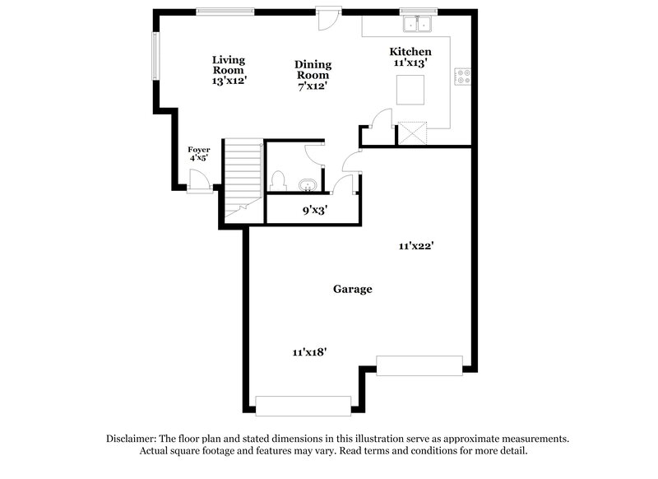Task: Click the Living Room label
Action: coord(229,70)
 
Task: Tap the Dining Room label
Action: coord(313,75)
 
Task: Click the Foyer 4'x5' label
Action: coord(199,154)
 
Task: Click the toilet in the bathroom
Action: coord(278,180)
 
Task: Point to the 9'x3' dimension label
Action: coord(315,211)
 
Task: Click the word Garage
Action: coord(352,289)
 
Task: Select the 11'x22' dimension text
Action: coord(416,245)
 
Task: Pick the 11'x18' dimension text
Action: coord(309,351)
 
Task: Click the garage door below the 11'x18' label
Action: coord(303,405)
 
